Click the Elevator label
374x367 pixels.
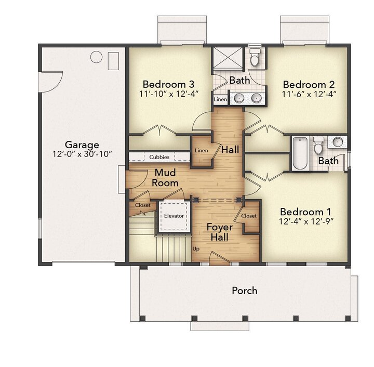(x=174, y=216)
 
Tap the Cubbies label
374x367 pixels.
(x=159, y=157)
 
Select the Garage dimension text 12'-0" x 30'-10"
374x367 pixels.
(x=82, y=154)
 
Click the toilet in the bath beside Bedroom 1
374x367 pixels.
(x=318, y=146)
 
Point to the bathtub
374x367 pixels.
(x=300, y=153)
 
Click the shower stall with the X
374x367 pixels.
(x=228, y=58)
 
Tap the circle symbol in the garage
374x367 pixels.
(x=97, y=57)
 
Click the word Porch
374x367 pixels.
(x=245, y=291)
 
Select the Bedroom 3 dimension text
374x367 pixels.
(x=169, y=94)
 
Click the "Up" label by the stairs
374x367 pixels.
(x=196, y=249)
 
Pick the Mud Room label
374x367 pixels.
(x=165, y=178)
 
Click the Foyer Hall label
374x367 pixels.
(x=220, y=232)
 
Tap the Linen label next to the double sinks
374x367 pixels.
(x=220, y=99)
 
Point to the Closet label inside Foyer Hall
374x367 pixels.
(x=249, y=216)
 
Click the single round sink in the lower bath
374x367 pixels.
(x=338, y=142)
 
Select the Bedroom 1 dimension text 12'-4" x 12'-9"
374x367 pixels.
(x=306, y=221)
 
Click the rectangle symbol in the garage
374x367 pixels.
(x=113, y=61)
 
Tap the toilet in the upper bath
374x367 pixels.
(x=255, y=58)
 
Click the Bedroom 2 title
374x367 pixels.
(x=309, y=84)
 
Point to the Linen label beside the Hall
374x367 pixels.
(x=202, y=151)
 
